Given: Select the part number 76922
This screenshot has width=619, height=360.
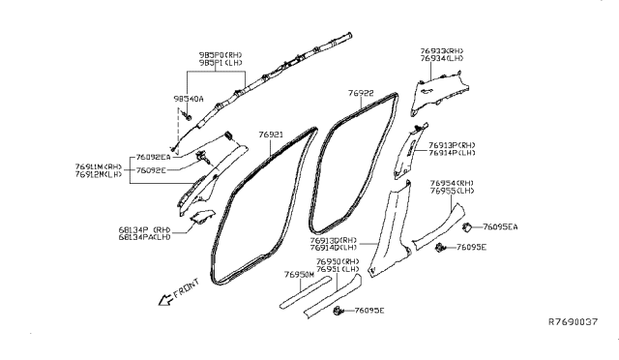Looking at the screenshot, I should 362,93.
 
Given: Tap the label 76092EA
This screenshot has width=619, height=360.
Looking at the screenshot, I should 153,156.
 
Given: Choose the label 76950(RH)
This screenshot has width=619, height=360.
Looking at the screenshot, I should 339,261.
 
